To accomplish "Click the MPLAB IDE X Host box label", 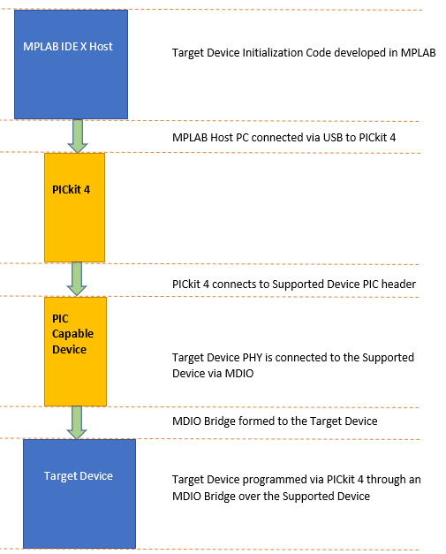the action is (68, 46).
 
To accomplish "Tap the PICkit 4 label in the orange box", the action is (71, 190).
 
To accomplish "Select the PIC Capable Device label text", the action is (72, 334).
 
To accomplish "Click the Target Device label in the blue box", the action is (79, 476).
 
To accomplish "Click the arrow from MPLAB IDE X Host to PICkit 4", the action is (78, 136).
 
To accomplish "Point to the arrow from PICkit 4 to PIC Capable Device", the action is (77, 278).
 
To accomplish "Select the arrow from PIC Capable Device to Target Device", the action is (77, 422).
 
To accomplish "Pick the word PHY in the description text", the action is (253, 358).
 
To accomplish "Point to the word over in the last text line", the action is (250, 496).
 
